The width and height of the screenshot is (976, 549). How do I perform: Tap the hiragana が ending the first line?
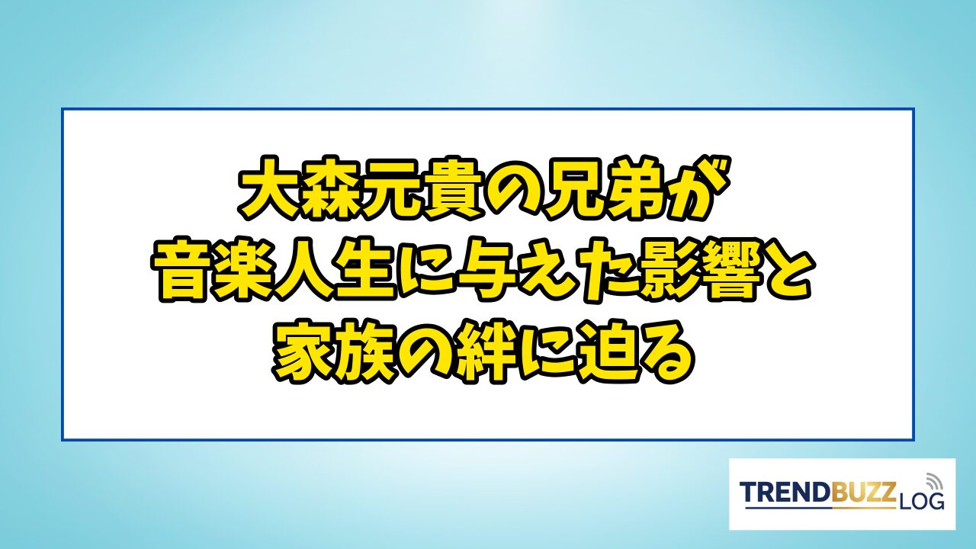click(x=700, y=188)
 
